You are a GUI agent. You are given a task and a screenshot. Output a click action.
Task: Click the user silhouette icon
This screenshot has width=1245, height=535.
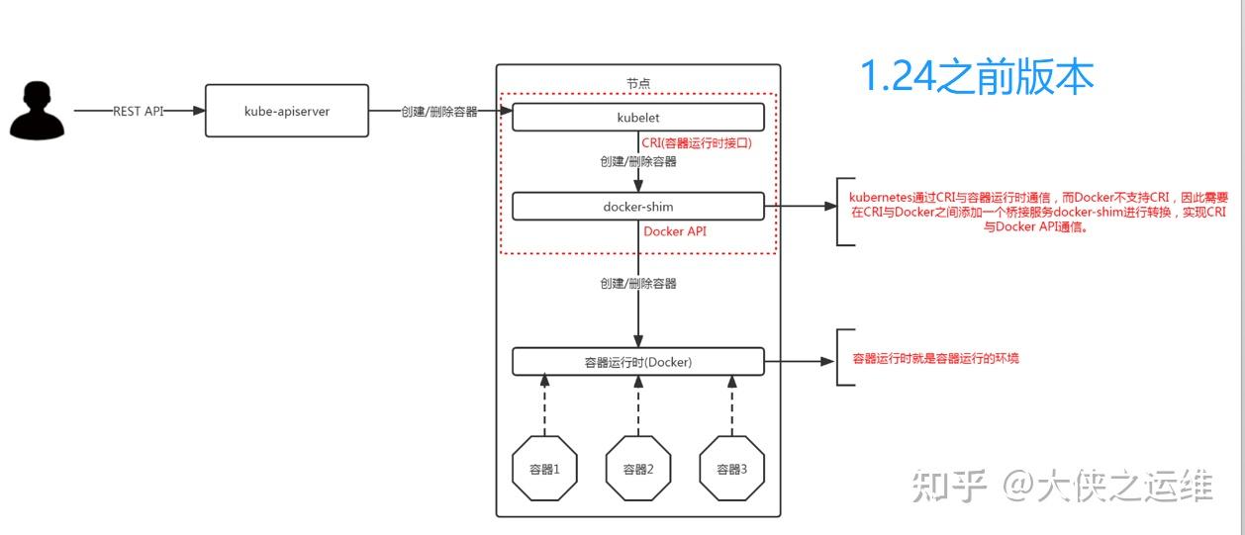coord(38,111)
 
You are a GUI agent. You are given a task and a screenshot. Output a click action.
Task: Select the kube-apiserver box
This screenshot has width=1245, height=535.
coord(286,112)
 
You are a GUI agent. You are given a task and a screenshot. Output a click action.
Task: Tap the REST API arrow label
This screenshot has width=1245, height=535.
coord(139,112)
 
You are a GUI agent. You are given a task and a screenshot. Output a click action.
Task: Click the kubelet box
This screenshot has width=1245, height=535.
coord(637,117)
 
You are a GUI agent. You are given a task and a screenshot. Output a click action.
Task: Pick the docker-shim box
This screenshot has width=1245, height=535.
coord(637,207)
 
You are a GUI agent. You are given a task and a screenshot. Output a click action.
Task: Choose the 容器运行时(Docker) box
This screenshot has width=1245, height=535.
coord(637,362)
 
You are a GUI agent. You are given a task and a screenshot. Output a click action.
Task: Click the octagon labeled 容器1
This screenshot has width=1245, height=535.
coord(544,469)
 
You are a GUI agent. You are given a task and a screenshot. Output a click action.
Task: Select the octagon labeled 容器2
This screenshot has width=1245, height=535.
coord(638,469)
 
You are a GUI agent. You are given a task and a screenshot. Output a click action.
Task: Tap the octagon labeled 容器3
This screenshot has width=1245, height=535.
coord(732,469)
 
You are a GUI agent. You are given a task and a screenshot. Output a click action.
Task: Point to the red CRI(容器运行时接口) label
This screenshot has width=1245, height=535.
coord(697,143)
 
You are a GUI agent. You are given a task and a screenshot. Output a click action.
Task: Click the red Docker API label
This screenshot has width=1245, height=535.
coord(675,231)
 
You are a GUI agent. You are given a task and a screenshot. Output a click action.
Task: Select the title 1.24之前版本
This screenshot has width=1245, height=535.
coord(976,77)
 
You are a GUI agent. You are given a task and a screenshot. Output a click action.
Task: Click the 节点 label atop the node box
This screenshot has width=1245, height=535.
coord(638,83)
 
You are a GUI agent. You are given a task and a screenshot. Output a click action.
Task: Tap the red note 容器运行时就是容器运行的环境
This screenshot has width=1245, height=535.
coord(935,358)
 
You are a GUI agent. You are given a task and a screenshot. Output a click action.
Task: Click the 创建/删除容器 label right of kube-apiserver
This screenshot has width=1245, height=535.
coord(438,112)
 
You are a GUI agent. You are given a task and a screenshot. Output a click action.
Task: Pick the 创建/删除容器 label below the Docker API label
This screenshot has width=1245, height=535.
coord(637,284)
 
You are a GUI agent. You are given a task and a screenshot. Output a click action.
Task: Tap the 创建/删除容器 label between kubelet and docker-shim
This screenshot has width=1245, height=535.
coord(637,162)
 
